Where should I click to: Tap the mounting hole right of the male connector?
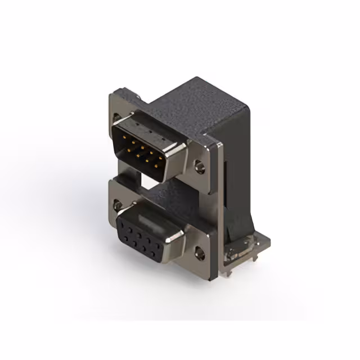pyautogui.click(x=199, y=166)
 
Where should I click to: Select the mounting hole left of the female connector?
pyautogui.click(x=117, y=204)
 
